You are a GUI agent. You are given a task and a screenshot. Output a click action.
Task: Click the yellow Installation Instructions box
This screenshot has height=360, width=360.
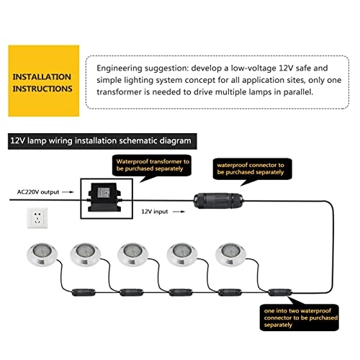click(x=44, y=81)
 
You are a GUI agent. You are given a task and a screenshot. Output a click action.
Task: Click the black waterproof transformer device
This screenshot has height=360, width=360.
click(x=104, y=197)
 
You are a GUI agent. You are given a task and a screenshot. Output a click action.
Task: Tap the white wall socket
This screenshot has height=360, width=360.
click(x=37, y=218)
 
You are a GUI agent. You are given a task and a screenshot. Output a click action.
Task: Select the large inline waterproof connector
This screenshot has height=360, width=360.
click(x=218, y=201)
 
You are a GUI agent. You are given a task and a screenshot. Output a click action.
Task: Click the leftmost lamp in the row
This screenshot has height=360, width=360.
click(x=42, y=255)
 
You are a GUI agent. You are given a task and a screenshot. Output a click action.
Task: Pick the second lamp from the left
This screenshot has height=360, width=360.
click(x=86, y=255)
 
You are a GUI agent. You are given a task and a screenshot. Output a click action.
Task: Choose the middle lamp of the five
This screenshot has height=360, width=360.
click(x=132, y=255)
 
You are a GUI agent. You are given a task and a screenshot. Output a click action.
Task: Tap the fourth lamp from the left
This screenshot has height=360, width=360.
click(x=182, y=255)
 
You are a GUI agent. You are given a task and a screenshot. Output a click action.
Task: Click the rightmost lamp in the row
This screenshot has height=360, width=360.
click(x=231, y=255)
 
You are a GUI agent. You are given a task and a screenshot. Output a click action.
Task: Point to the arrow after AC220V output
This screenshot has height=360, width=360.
click(x=68, y=192)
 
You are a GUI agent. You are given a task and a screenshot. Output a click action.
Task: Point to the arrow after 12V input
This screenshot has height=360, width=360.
click(x=179, y=212)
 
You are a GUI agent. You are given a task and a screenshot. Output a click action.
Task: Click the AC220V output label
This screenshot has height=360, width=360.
click(x=38, y=192)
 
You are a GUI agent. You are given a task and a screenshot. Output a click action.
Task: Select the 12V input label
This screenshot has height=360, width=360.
click(x=155, y=212)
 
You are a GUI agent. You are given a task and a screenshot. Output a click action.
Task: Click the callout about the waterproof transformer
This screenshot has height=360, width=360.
click(x=152, y=166)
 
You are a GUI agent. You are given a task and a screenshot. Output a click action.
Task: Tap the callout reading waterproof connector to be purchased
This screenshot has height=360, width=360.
click(x=253, y=169)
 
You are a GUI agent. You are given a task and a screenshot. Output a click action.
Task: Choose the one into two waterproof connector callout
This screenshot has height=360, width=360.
click(x=300, y=318)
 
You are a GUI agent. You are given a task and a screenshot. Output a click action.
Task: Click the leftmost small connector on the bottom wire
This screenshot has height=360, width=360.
click(x=84, y=292)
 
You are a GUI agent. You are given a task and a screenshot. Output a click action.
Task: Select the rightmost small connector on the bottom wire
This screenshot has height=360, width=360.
click(x=280, y=292)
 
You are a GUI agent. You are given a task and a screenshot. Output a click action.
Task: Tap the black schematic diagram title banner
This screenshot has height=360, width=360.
click(x=102, y=141)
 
